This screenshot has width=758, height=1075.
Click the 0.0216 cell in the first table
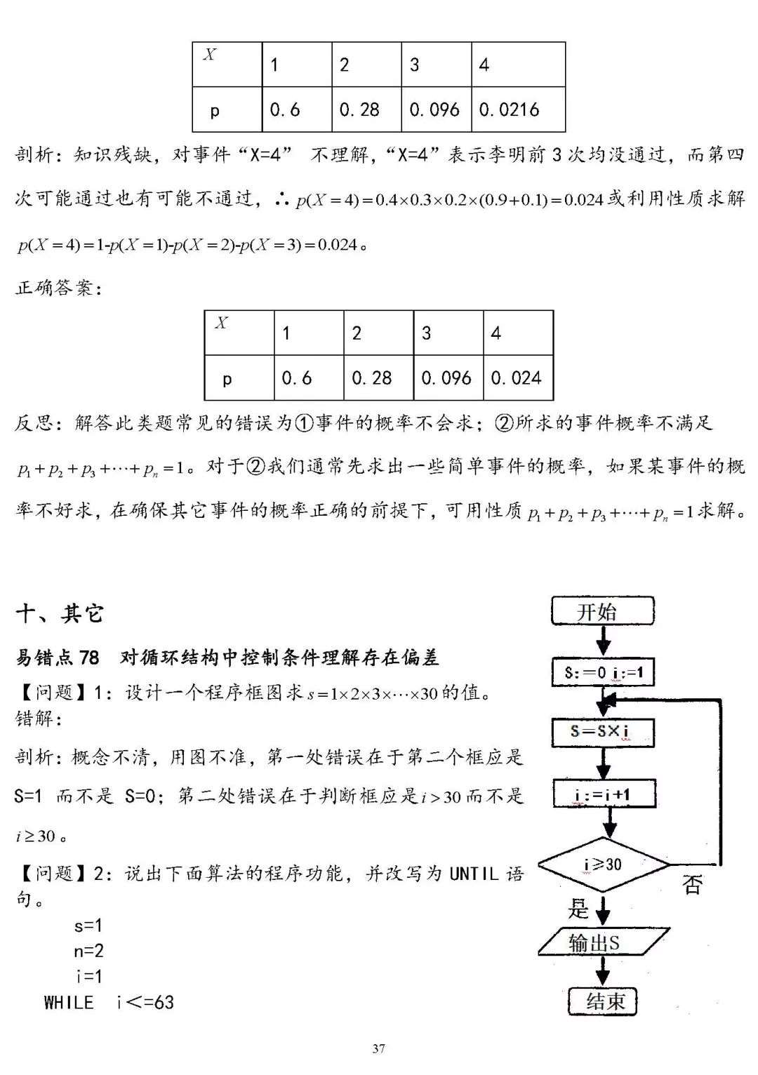click(x=517, y=109)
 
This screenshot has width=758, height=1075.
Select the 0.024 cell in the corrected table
click(x=517, y=378)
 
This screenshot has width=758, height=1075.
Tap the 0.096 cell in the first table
click(x=435, y=109)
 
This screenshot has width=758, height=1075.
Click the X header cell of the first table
click(x=227, y=65)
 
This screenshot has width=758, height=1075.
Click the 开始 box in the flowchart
click(x=603, y=611)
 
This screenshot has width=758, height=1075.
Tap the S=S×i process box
click(x=603, y=732)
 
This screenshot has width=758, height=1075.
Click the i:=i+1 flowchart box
click(x=604, y=794)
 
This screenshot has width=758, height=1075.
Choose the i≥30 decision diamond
click(x=604, y=864)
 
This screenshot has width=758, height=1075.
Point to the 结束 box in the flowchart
click(x=603, y=1001)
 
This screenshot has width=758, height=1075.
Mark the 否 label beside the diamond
click(x=692, y=884)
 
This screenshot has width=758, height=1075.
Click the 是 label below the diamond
click(x=578, y=909)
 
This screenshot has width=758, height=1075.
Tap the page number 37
click(x=378, y=1048)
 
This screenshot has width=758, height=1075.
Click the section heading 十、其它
click(x=60, y=614)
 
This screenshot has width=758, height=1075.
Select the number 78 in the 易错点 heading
click(x=89, y=657)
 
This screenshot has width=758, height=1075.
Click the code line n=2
click(x=89, y=951)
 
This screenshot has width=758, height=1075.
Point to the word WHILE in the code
click(x=69, y=1002)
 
